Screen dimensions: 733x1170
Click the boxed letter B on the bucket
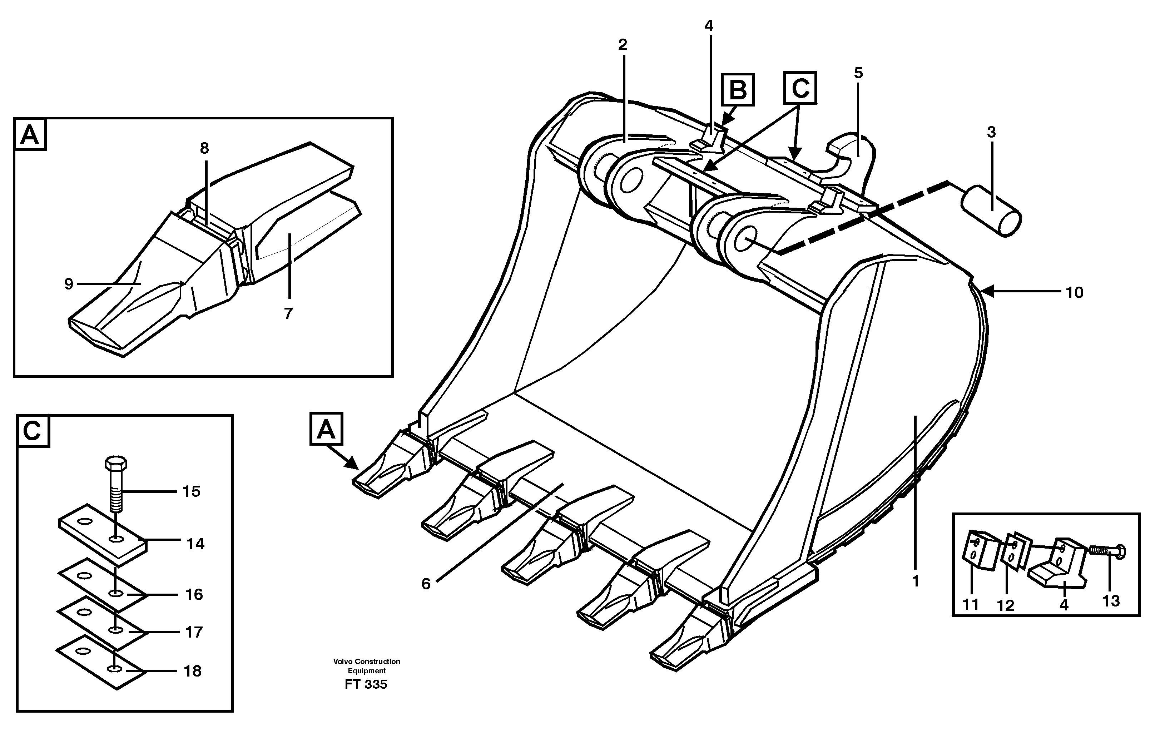738,90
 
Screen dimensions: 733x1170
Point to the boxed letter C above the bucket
800,88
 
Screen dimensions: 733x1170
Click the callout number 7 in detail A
288,314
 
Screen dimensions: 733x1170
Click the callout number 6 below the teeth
426,584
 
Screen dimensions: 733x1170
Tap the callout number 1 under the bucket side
916,580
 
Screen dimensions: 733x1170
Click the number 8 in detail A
204,148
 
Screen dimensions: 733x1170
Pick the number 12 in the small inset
1006,605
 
